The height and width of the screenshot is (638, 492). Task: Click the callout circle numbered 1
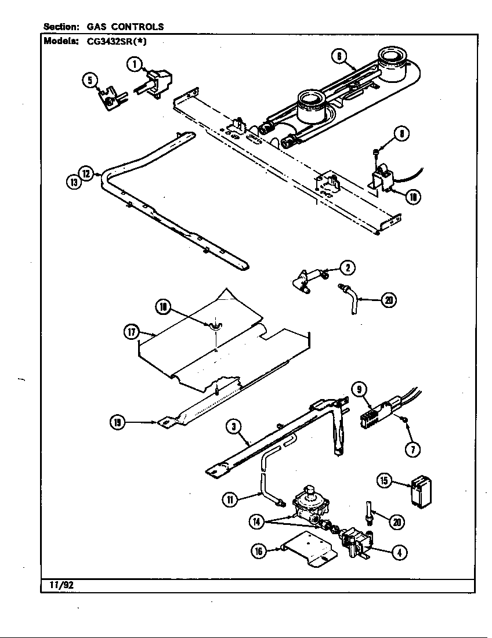click(135, 64)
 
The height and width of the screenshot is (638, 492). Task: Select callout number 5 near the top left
click(90, 81)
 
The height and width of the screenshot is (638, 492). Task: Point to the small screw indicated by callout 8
click(375, 152)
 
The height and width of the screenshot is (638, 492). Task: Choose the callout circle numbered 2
click(348, 267)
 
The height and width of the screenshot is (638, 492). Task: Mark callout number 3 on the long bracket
click(233, 427)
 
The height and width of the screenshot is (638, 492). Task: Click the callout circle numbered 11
click(231, 498)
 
